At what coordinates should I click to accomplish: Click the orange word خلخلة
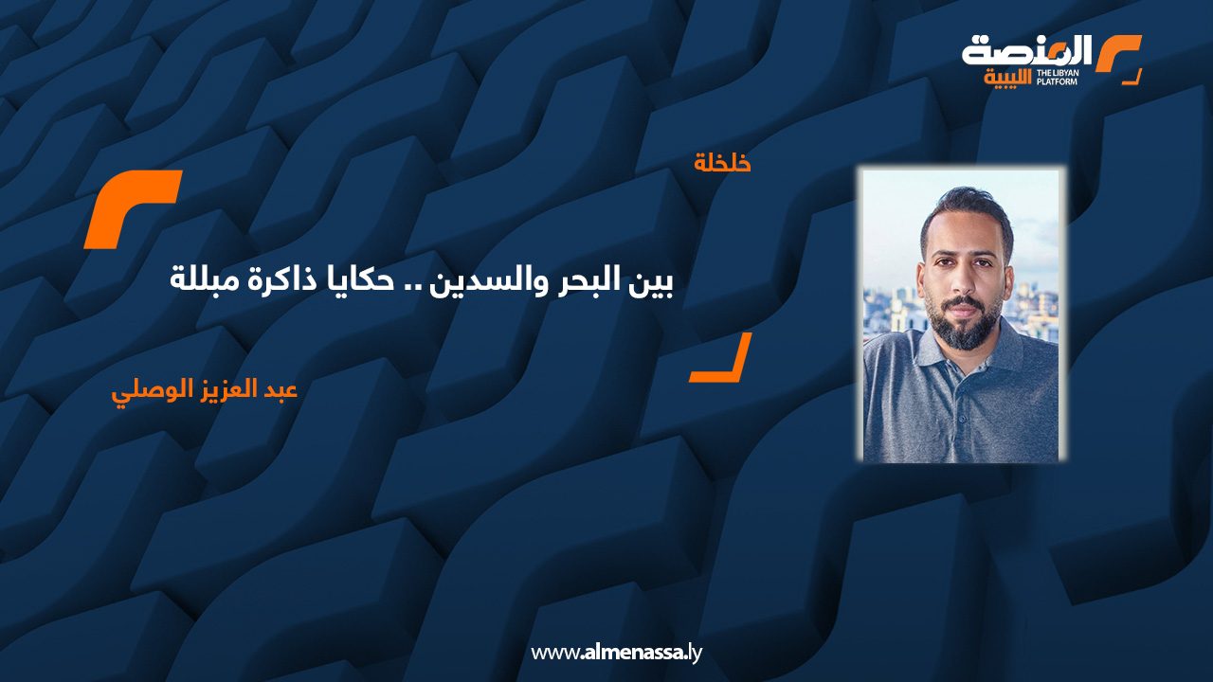722,162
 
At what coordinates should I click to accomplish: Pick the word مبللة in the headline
204,281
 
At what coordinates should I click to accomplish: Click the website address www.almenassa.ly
616,653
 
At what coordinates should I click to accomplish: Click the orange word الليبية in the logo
1008,78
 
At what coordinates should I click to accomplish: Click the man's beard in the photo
964,325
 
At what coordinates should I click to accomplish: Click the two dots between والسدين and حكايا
412,290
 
